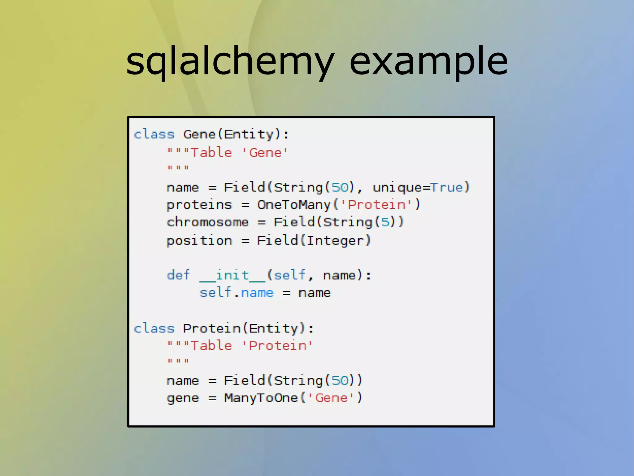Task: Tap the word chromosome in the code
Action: (207, 222)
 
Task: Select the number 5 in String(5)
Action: (385, 222)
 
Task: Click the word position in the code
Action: (199, 241)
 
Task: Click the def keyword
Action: (178, 275)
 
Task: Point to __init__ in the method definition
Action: (232, 275)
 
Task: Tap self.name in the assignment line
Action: (237, 293)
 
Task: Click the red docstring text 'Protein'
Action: (277, 346)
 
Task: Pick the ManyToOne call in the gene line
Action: (261, 398)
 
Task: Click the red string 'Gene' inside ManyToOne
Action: (331, 398)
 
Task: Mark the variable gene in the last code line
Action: (183, 398)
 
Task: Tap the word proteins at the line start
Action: (199, 205)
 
